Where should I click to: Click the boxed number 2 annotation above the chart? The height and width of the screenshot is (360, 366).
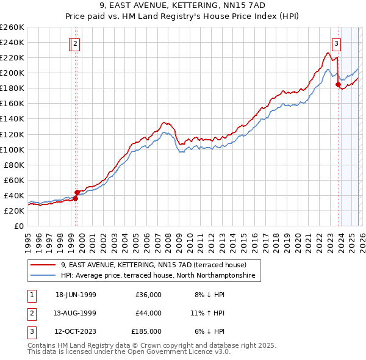[x=74, y=43]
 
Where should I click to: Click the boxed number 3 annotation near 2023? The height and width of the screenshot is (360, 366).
[x=336, y=43]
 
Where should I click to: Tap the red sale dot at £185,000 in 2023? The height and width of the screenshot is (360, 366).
[x=337, y=85]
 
